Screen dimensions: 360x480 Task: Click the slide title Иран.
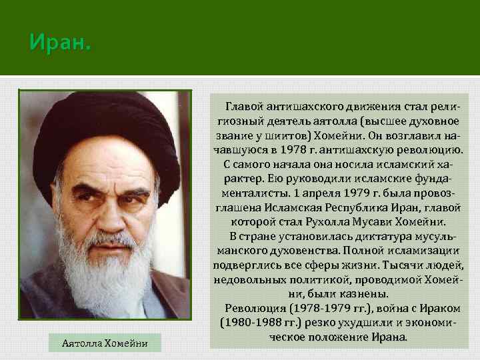click(59, 45)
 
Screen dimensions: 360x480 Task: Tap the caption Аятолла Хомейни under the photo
click(104, 343)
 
